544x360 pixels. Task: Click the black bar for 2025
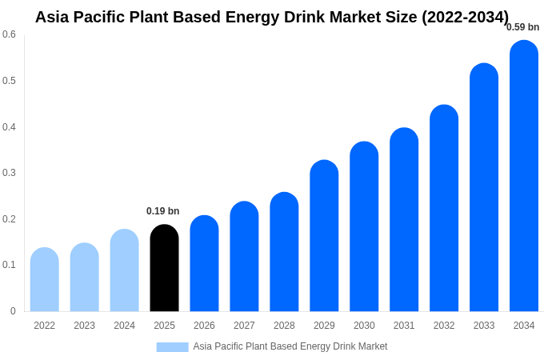(164, 268)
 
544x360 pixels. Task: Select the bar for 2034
(524, 176)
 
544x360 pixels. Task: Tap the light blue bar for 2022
(45, 279)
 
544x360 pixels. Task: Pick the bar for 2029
(324, 236)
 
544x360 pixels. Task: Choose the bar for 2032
(444, 208)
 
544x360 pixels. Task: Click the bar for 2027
(244, 256)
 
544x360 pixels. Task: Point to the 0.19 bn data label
(163, 211)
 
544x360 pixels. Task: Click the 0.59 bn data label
(522, 27)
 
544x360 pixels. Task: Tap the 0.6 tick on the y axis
(9, 34)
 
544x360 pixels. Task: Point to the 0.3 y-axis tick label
(9, 173)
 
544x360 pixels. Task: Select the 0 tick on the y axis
(13, 311)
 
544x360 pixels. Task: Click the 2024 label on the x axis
(124, 326)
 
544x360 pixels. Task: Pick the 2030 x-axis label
(364, 326)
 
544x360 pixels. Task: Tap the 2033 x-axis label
(484, 326)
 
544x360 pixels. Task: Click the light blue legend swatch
(172, 347)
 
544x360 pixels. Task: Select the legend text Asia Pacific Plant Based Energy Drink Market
(290, 346)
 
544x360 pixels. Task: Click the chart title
(272, 17)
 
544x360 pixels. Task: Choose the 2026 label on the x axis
(204, 326)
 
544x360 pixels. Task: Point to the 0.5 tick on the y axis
(9, 81)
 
